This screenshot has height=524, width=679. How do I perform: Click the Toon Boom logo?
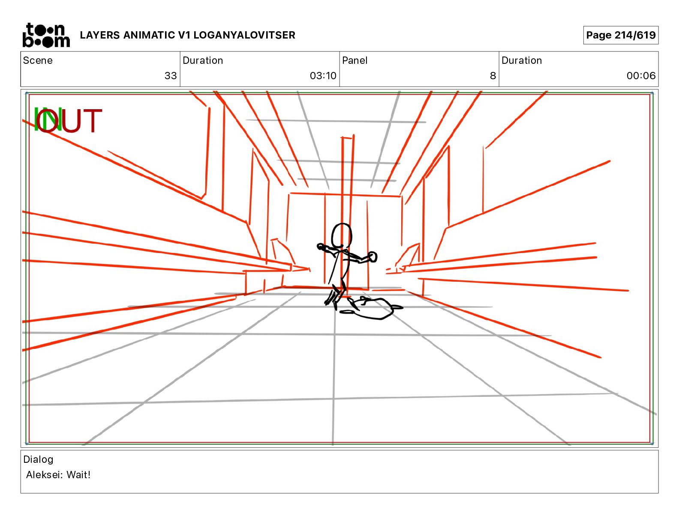click(46, 35)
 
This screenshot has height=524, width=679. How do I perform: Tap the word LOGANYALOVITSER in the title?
click(244, 35)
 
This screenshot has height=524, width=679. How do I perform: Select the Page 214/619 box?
click(621, 35)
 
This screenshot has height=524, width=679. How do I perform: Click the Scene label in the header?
click(38, 60)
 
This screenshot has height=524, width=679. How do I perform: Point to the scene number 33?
click(171, 76)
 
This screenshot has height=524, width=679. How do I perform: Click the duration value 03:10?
click(323, 76)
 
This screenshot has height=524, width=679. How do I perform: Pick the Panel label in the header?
click(355, 60)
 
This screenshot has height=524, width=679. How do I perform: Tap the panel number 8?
click(493, 76)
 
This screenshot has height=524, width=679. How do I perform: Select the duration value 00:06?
click(641, 76)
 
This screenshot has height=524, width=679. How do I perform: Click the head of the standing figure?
click(342, 236)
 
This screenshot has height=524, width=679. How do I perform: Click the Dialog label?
click(38, 459)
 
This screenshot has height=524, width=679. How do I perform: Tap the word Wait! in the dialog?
click(78, 475)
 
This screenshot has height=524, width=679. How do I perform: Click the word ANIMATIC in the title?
click(149, 35)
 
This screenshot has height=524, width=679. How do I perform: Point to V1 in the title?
click(184, 35)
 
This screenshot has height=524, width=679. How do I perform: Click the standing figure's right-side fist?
click(373, 257)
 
